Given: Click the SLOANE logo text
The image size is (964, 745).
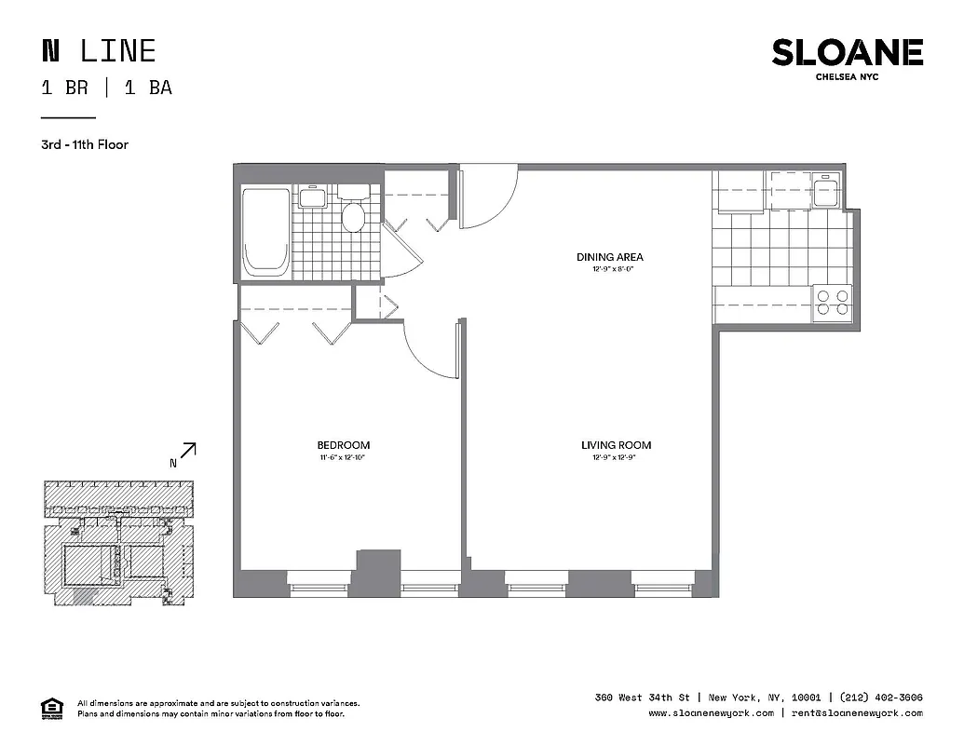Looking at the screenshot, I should pos(847,53).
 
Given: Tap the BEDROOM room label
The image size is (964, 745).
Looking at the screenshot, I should pos(343,445).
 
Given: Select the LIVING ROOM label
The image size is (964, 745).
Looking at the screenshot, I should pos(616,445).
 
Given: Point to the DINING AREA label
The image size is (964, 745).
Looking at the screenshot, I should pos(609,257).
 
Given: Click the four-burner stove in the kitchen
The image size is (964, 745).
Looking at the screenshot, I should pos(832,304).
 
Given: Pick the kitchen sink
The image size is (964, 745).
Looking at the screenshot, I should pos(823,192).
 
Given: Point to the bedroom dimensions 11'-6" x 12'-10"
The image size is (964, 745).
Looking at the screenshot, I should pos(343,458).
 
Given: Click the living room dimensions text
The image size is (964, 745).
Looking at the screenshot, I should pos(616,458).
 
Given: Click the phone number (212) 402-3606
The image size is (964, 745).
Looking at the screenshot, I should pos(881,698).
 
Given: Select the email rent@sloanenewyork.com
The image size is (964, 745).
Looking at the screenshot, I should pos(858,713).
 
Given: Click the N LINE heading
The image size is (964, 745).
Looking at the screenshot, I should pos(98,51).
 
